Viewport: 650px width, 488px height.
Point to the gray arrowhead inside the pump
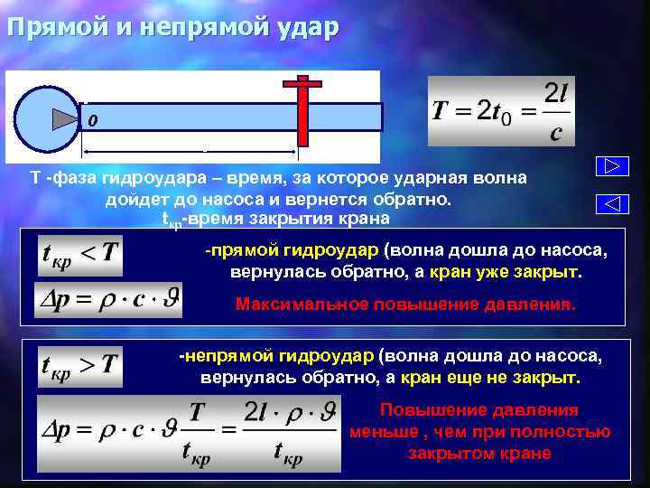click(64, 118)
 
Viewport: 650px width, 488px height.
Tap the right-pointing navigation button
click(610, 167)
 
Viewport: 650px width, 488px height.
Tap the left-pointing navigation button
click(610, 204)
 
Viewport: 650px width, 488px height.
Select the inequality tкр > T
click(79, 365)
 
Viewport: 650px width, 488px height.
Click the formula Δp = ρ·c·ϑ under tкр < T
click(107, 299)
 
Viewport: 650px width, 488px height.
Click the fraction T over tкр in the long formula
click(197, 432)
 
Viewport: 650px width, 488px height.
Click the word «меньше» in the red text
click(378, 432)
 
